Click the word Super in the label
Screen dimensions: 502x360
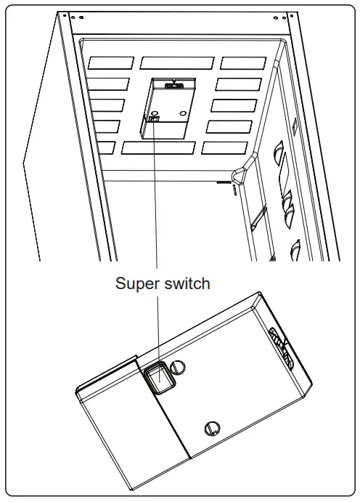(138, 283)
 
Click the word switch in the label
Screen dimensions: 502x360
(187, 283)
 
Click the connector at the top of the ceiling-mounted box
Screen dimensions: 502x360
(174, 85)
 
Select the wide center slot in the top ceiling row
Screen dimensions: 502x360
(177, 62)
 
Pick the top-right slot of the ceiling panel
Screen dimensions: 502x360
(243, 63)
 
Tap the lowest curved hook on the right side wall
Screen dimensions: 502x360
(296, 250)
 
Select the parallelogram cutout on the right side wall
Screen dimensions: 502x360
(256, 217)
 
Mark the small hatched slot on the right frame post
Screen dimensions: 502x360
(295, 126)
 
